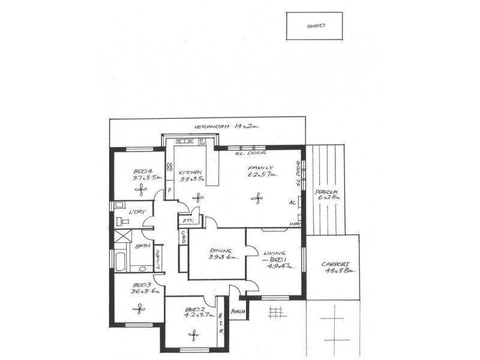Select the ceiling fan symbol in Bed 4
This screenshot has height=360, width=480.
[142, 189]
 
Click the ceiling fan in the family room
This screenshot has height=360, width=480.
[259, 196]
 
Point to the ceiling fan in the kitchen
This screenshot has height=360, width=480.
[194, 196]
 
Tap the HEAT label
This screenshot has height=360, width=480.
[295, 224]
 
